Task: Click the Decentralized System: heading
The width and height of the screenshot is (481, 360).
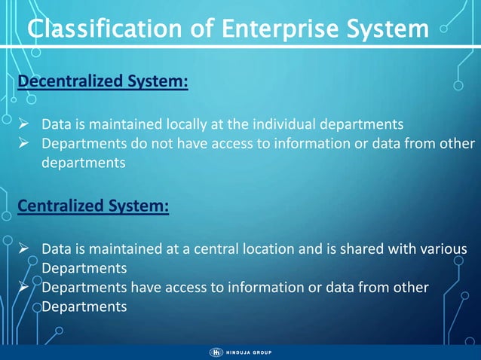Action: (x=102, y=81)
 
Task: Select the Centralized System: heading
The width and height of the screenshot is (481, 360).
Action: (x=93, y=206)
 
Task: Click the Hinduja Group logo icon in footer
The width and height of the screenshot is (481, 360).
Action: (x=216, y=352)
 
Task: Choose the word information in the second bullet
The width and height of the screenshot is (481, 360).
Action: (x=294, y=143)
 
